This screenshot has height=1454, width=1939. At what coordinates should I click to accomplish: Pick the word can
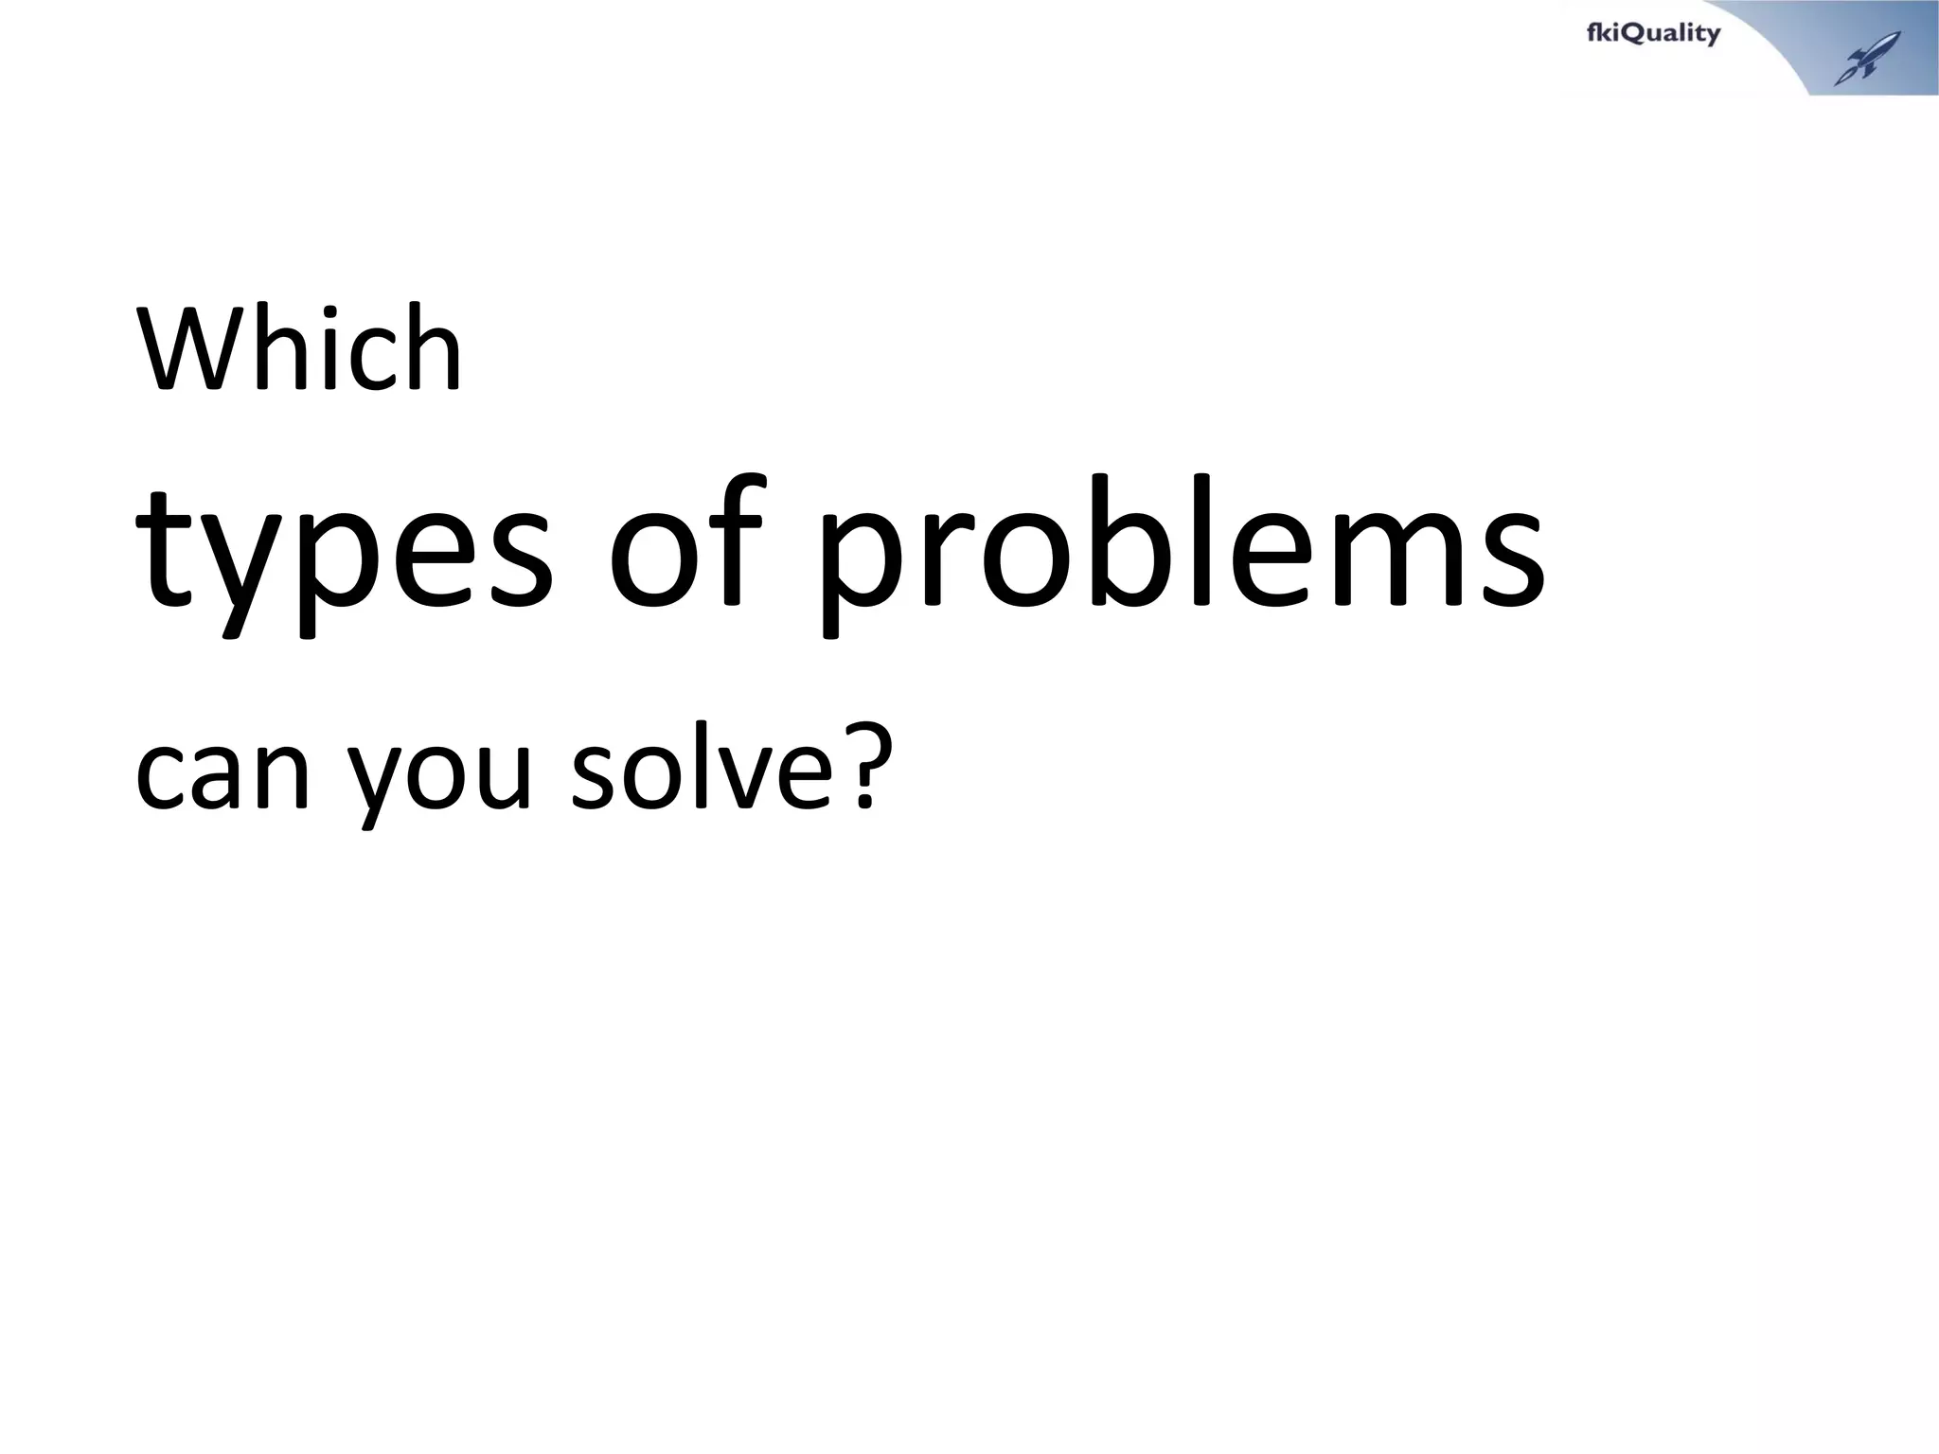pos(223,774)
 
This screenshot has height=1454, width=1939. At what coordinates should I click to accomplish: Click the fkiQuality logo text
pos(1652,34)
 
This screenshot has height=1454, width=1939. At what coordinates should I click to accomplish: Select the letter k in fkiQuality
pos(1606,34)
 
